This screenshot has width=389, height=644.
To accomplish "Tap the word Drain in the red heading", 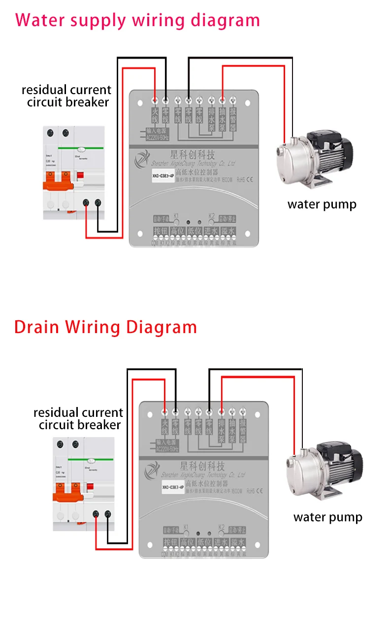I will [x=37, y=327].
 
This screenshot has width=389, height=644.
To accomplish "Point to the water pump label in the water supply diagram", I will [x=322, y=204].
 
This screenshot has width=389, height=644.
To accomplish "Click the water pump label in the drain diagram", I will [x=327, y=517].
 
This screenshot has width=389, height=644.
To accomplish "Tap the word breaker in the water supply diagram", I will [x=88, y=102].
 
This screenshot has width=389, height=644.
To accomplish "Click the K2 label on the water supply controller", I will [x=212, y=215].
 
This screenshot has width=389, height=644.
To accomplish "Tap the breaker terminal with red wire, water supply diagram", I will [x=87, y=203].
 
